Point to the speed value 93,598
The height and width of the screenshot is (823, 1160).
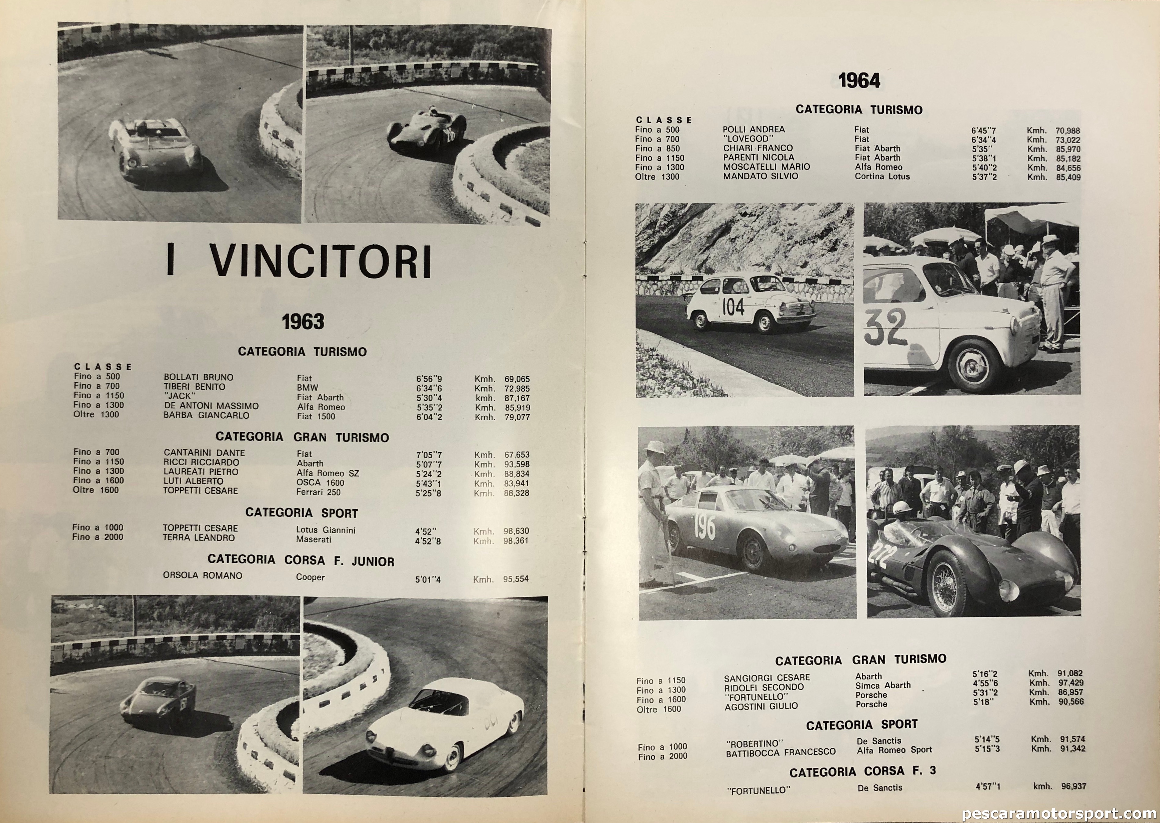click(x=517, y=464)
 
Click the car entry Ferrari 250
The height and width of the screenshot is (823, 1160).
click(x=319, y=492)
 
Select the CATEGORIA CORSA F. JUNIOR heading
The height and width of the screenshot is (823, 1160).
click(x=301, y=560)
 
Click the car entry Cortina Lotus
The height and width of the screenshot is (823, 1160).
click(x=882, y=176)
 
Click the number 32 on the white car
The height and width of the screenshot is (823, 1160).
click(x=885, y=327)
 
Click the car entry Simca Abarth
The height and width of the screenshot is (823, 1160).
click(x=883, y=685)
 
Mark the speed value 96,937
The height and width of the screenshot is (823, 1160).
click(x=1073, y=786)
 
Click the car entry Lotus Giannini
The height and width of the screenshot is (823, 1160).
click(x=326, y=530)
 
